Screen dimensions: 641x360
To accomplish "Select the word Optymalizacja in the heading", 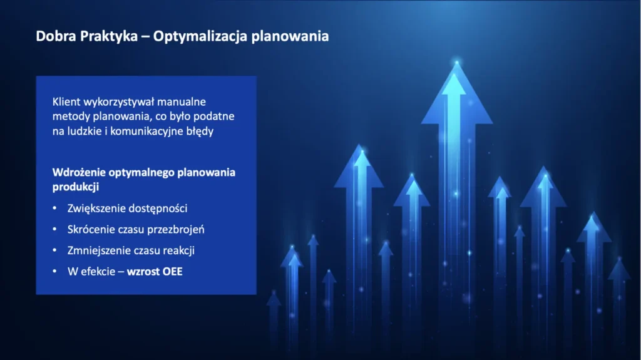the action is [x=200, y=37].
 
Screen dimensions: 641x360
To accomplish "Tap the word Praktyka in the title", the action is [x=109, y=37].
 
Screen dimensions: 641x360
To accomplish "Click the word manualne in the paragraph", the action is [x=182, y=101].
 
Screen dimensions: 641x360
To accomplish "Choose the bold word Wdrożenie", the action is [x=79, y=172].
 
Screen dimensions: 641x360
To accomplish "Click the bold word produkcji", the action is [x=76, y=187].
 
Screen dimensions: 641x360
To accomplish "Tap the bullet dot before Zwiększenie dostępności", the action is [x=55, y=208].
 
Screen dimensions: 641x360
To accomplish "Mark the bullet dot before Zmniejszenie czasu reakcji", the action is [x=55, y=250].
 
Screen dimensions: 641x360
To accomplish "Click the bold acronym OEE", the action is [x=173, y=272].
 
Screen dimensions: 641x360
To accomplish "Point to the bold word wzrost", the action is [x=143, y=272].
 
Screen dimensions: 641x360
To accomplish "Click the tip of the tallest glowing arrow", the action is [x=456, y=62].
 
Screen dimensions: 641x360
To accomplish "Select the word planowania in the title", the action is [x=290, y=37].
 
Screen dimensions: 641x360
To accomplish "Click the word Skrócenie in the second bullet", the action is [x=91, y=230].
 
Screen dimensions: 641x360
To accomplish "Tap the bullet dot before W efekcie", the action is [x=55, y=271].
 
